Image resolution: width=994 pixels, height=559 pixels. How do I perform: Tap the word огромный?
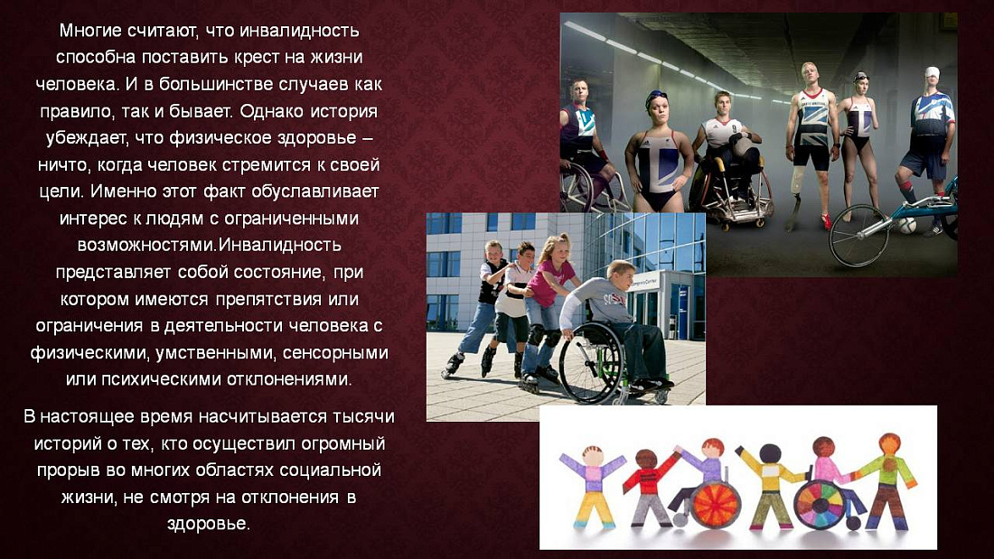(341, 443)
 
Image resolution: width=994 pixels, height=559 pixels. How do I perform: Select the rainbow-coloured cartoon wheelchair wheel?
(819, 502)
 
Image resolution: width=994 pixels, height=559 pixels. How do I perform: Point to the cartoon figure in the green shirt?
(887, 479)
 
